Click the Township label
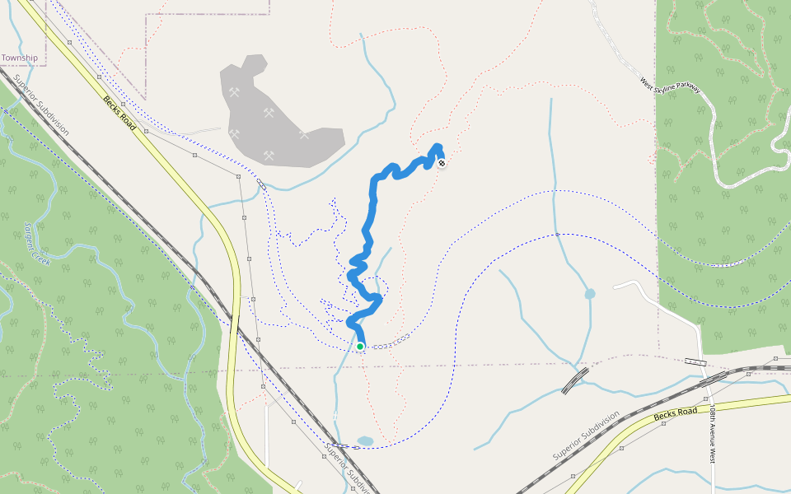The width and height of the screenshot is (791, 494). tap(19, 58)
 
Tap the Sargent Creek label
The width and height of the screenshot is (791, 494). tap(37, 243)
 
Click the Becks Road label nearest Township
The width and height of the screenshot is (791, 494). tap(119, 112)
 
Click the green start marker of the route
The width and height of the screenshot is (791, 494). tap(360, 347)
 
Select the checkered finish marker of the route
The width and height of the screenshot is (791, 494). tap(442, 163)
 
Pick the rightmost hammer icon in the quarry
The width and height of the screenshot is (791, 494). tap(304, 134)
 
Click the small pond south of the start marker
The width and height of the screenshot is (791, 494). tap(366, 441)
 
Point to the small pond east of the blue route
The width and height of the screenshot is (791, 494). tap(590, 294)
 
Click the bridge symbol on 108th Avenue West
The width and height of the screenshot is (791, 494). tap(695, 361)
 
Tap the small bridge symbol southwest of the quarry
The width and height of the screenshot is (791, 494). tap(260, 184)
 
